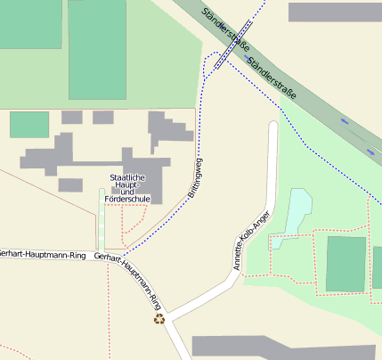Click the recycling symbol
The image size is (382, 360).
159,318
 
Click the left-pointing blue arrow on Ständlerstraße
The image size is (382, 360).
345,120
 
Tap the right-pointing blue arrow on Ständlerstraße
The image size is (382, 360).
370,151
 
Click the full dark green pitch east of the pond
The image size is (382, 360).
345,264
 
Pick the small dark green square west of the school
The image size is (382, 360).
29,125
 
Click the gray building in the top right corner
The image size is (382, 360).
334,12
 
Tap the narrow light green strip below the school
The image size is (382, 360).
102,218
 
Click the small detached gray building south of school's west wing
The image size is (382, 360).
70,184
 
